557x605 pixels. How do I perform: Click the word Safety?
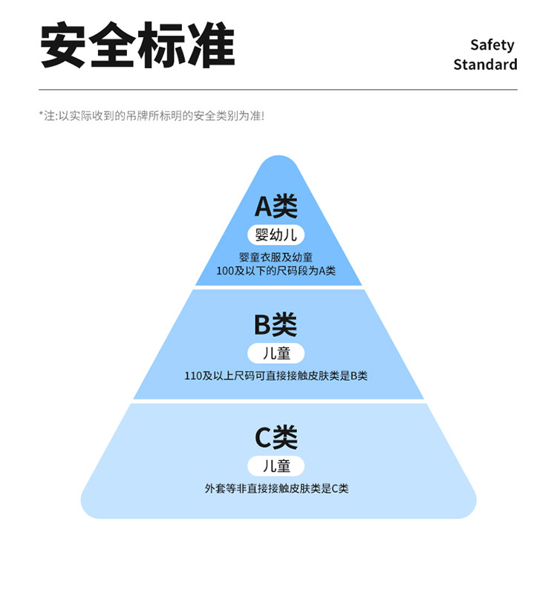click(492, 45)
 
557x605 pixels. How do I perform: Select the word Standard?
click(485, 65)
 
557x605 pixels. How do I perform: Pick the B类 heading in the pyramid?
click(276, 324)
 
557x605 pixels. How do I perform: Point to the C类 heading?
click(276, 438)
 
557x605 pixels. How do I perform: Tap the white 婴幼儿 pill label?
click(276, 235)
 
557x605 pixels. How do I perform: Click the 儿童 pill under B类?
click(276, 353)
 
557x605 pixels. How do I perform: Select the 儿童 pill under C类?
click(276, 466)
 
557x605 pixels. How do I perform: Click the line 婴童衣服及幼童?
click(276, 258)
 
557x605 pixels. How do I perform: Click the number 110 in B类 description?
click(193, 376)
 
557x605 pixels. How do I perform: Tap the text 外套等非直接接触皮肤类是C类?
click(276, 488)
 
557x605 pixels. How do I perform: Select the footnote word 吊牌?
click(137, 116)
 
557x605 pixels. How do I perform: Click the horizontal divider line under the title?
click(278, 90)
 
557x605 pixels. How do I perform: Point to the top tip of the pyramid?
click(278, 158)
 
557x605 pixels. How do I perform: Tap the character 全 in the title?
click(114, 46)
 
